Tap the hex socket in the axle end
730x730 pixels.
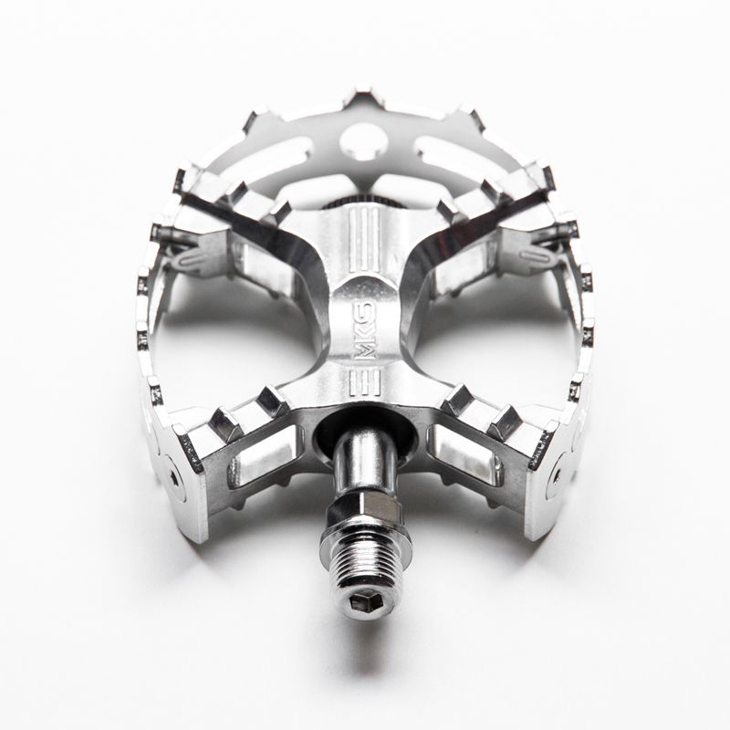365,600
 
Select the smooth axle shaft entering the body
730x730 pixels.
365,461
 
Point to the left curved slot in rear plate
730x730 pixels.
273,154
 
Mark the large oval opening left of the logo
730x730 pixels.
242,347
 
